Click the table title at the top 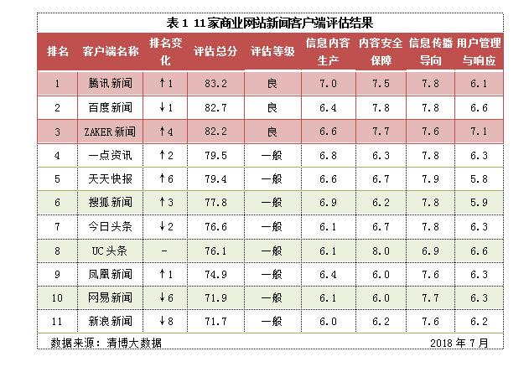tap(265, 23)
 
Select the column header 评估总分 tap(215, 51)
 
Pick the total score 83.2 tap(215, 84)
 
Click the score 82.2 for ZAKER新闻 tap(215, 132)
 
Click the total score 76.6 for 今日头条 tap(215, 226)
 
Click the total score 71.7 tap(215, 321)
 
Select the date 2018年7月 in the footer tap(459, 343)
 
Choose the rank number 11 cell tap(58, 321)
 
